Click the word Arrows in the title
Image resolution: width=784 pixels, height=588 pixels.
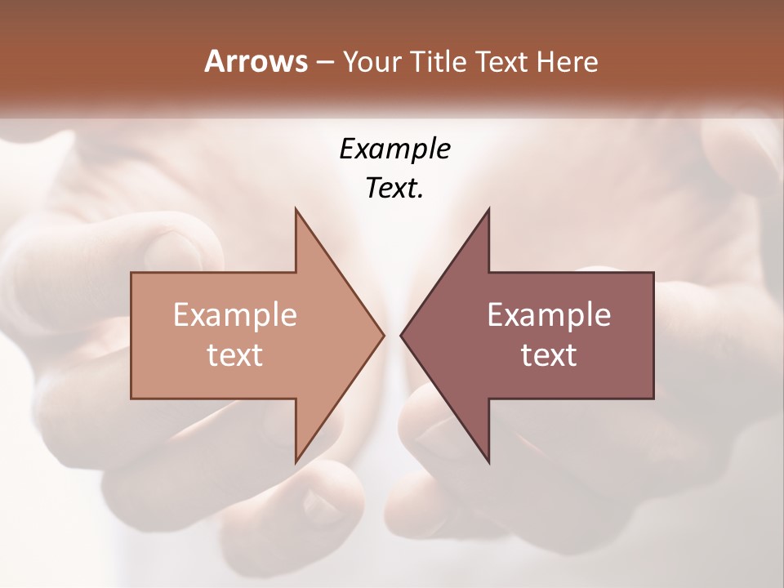[256, 61]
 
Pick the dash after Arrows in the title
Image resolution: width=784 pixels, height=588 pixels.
[324, 63]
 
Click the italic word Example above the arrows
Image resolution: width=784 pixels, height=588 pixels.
[394, 149]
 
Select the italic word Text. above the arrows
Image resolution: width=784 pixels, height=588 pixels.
[394, 189]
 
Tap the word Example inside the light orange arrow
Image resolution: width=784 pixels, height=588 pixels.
[235, 315]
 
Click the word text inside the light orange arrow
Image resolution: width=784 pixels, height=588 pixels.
[235, 354]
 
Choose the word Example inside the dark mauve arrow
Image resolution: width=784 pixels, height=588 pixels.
[549, 315]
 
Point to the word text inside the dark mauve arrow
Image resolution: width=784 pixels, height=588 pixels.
[549, 354]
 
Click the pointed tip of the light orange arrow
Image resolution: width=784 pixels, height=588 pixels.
[383, 335]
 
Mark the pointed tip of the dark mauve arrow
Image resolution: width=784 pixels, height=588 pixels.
[402, 335]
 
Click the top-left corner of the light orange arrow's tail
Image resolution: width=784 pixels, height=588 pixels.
[132, 274]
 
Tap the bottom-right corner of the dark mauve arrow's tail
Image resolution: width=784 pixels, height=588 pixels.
[653, 398]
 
